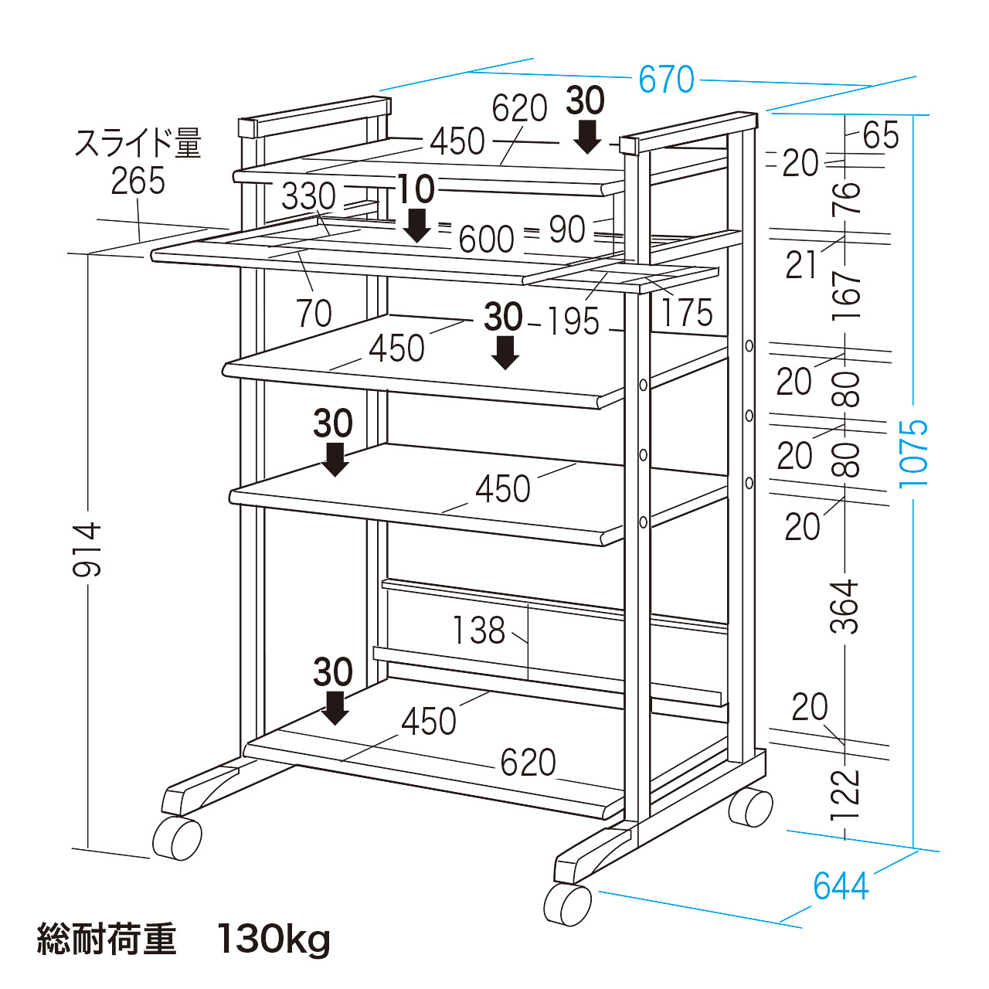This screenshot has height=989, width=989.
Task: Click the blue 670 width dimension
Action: pyautogui.click(x=666, y=80)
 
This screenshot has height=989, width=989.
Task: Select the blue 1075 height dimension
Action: pyautogui.click(x=913, y=453)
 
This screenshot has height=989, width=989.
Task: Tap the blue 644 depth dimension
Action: pyautogui.click(x=841, y=886)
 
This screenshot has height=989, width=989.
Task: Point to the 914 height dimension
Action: pyautogui.click(x=87, y=549)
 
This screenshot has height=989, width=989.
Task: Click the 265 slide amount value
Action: pyautogui.click(x=138, y=182)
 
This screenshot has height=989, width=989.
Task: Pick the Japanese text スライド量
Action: pyautogui.click(x=138, y=144)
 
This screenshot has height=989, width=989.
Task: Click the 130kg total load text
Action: pyautogui.click(x=274, y=940)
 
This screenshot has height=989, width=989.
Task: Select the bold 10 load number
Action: pyautogui.click(x=416, y=189)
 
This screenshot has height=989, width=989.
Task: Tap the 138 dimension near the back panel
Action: pyautogui.click(x=478, y=630)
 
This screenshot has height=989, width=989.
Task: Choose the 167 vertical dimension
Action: pyautogui.click(x=847, y=295)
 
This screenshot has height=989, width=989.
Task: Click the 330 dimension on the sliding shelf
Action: pyautogui.click(x=308, y=197)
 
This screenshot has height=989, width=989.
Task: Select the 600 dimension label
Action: pyautogui.click(x=486, y=240)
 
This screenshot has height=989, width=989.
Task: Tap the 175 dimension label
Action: pyautogui.click(x=686, y=313)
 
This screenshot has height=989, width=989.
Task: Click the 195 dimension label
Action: pyautogui.click(x=573, y=321)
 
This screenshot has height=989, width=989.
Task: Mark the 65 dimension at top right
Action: pyautogui.click(x=881, y=136)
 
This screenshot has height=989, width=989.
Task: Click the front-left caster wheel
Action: pyautogui.click(x=178, y=838)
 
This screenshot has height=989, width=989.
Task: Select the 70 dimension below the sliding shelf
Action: pyautogui.click(x=314, y=314)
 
